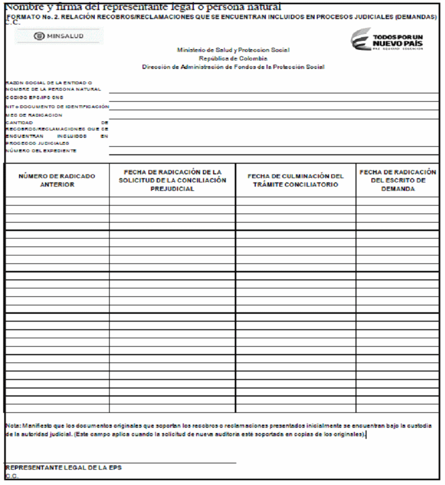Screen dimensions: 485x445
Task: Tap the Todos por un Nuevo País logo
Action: [x=391, y=39]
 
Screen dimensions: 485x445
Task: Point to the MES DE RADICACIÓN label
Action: [x=34, y=114]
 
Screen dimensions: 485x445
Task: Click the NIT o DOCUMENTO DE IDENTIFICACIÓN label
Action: [x=57, y=107]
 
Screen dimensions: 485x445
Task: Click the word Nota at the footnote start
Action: [x=12, y=425]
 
